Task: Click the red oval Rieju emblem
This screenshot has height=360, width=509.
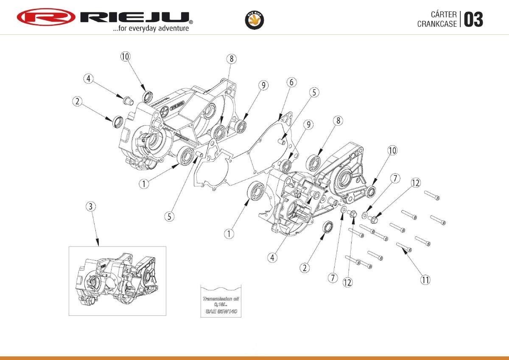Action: click(46, 17)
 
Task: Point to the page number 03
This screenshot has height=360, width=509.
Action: click(473, 20)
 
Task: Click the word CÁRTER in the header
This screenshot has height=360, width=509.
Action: click(444, 15)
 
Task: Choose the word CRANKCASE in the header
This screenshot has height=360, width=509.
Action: click(437, 24)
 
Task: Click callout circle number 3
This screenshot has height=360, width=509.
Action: click(90, 206)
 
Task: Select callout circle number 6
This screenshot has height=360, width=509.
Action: click(291, 82)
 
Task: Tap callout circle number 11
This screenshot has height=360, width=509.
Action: click(425, 279)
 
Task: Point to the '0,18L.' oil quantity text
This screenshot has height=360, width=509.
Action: click(221, 305)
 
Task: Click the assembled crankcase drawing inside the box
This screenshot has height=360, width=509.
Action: click(117, 280)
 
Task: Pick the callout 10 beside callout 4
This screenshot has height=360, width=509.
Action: click(125, 56)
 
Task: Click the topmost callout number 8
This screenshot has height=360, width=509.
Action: click(231, 59)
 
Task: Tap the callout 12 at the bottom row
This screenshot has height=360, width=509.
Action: click(347, 281)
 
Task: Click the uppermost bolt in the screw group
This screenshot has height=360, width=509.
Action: click(432, 195)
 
